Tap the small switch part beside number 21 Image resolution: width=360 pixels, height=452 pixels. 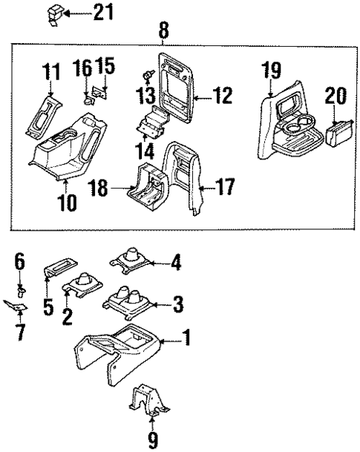pos(56,14)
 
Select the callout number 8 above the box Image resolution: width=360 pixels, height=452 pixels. pos(162,31)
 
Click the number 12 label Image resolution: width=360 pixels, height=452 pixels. pos(222,95)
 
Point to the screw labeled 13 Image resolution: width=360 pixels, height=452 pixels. pos(148,76)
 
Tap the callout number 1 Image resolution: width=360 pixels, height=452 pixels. pos(187,341)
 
